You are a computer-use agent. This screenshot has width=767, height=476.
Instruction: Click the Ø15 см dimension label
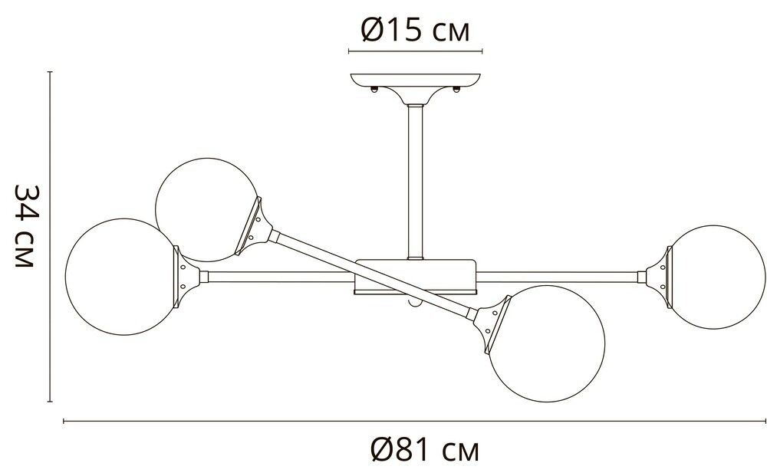pos(414,31)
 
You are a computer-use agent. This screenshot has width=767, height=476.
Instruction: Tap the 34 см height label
pos(26,225)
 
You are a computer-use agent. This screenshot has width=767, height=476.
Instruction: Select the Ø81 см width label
pos(423,450)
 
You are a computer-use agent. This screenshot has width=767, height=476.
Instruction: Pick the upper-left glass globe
pos(203,211)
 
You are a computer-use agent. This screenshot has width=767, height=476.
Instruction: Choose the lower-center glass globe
pos(547,343)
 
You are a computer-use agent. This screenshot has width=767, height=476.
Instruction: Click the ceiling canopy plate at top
pos(415,81)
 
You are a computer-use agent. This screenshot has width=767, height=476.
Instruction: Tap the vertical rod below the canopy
pos(415,180)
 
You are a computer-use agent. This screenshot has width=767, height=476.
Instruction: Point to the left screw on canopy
pos(374,90)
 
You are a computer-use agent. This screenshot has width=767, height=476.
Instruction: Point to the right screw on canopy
pos(457,90)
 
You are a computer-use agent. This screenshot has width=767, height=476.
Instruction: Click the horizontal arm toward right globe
pos(560,274)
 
